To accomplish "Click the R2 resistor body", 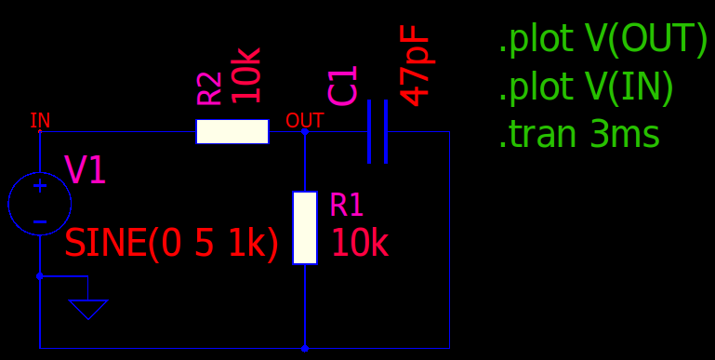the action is pyautogui.click(x=232, y=131).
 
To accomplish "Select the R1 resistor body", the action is pyautogui.click(x=305, y=228).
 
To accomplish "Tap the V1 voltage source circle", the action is pyautogui.click(x=8, y=204).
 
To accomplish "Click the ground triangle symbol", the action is pyautogui.click(x=88, y=309).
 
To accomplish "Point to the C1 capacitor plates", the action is pyautogui.click(x=377, y=131).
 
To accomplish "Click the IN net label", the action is pyautogui.click(x=40, y=120).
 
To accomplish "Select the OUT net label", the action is pyautogui.click(x=305, y=121).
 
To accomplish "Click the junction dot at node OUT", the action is pyautogui.click(x=305, y=132).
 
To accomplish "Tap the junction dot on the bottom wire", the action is pyautogui.click(x=305, y=348).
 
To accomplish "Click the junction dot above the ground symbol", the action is pyautogui.click(x=40, y=276).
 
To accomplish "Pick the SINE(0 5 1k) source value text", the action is pyautogui.click(x=171, y=244).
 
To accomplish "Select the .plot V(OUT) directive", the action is pyautogui.click(x=603, y=39).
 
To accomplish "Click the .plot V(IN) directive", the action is pyautogui.click(x=587, y=87).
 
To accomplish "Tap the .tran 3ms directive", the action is pyautogui.click(x=579, y=134).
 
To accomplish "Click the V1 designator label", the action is pyautogui.click(x=86, y=169).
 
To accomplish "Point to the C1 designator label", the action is pyautogui.click(x=342, y=86).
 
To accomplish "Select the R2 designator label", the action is pyautogui.click(x=209, y=88).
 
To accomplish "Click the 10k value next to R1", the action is pyautogui.click(x=359, y=244).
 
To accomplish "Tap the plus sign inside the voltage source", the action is pyautogui.click(x=40, y=186).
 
